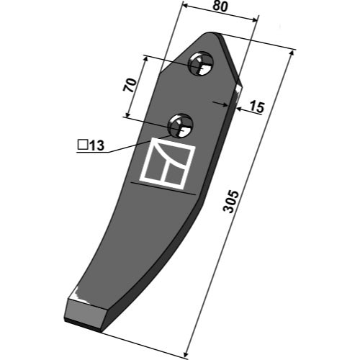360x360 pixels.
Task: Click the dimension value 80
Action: (220, 6)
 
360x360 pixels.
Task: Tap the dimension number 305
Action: (231, 202)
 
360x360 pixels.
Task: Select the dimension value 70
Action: (130, 85)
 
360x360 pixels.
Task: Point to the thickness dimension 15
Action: (257, 107)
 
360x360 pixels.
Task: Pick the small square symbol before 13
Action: (83, 145)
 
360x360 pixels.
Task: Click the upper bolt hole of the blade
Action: (201, 63)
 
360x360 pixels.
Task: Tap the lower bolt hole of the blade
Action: (181, 125)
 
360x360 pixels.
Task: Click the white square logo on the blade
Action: (167, 163)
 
